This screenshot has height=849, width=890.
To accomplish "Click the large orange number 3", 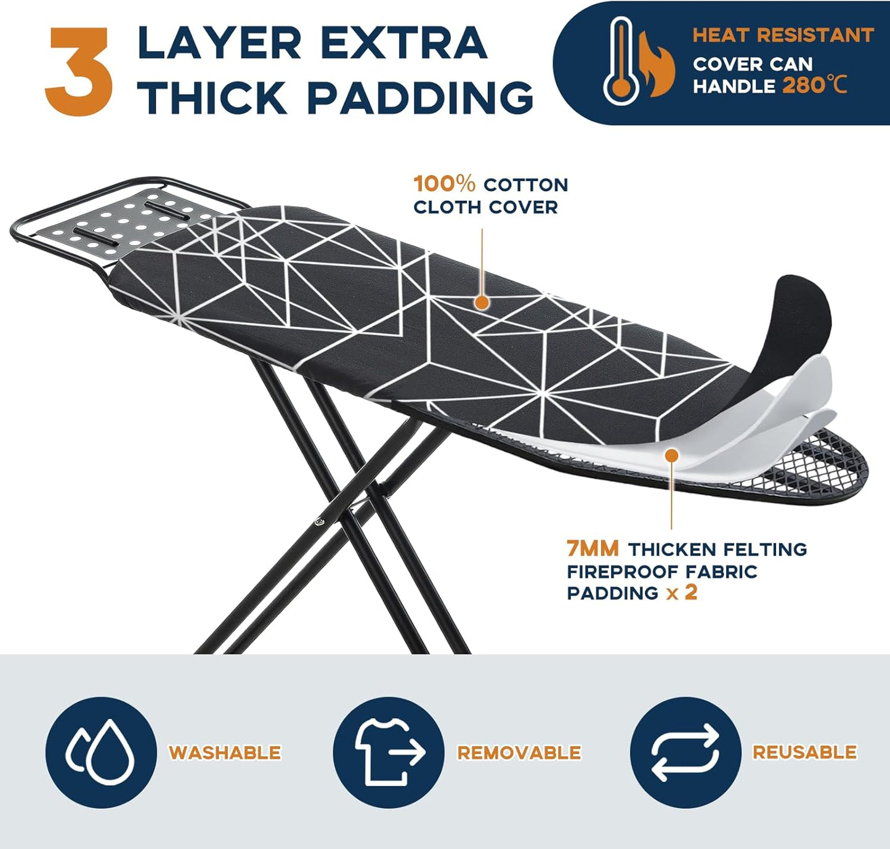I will tap(79, 71).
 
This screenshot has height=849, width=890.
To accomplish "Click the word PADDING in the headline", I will tap(420, 98).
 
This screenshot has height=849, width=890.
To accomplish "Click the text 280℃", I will tap(814, 84).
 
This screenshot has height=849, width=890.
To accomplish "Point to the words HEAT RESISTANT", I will tap(782, 35).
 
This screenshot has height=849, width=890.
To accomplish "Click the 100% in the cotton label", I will tap(444, 184).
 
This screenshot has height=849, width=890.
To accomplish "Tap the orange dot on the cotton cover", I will tap(482, 302).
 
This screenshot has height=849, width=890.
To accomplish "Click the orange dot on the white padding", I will tap(671, 455).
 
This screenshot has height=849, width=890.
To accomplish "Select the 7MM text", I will tap(593, 548).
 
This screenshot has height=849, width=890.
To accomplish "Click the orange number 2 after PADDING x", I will tap(691, 592).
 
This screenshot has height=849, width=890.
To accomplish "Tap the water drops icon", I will tap(101, 752).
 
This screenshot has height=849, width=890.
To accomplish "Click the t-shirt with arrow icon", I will tap(389, 752).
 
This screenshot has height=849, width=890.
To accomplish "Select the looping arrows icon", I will tap(685, 752).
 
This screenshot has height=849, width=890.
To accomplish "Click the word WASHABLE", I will tap(225, 752).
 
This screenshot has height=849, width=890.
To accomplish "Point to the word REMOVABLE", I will tap(519, 752).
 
